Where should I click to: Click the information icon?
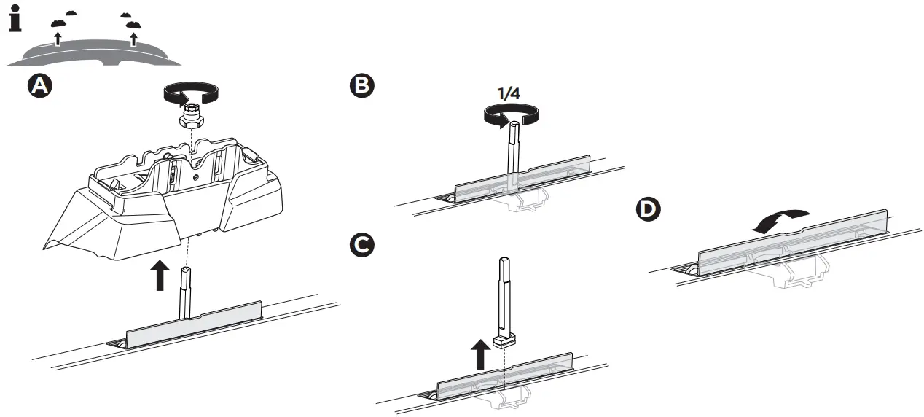click(15, 19)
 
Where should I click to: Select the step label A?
click(40, 87)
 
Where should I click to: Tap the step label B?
click(362, 87)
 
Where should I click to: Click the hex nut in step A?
click(191, 114)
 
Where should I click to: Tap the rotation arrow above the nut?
click(190, 93)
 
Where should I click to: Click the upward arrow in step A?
click(157, 276)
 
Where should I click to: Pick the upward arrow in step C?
click(479, 356)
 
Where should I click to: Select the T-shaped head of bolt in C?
click(503, 340)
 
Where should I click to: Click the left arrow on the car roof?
click(58, 38)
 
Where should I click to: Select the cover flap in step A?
click(193, 326)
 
